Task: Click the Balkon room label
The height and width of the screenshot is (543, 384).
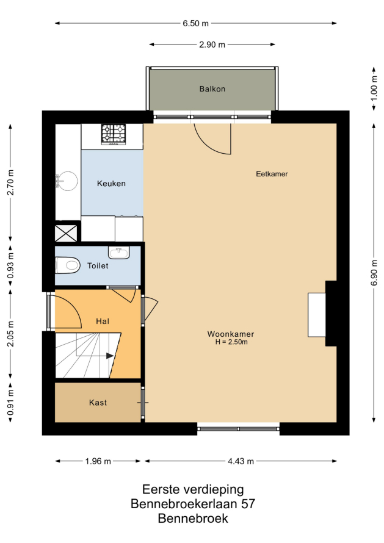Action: pyautogui.click(x=212, y=89)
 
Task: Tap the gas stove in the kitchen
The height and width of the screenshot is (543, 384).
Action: pyautogui.click(x=114, y=134)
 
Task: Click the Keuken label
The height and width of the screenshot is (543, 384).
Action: pyautogui.click(x=111, y=184)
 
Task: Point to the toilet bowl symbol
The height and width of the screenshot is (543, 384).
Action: pyautogui.click(x=68, y=265)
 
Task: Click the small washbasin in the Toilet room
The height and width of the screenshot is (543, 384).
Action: pyautogui.click(x=119, y=253)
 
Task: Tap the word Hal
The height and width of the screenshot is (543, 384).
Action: pyautogui.click(x=103, y=322)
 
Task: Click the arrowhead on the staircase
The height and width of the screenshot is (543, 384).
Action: pyautogui.click(x=110, y=356)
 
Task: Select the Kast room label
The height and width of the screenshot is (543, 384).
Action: pyautogui.click(x=98, y=403)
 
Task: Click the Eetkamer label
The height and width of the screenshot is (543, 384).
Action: pyautogui.click(x=272, y=174)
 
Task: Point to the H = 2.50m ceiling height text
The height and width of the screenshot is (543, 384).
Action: pyautogui.click(x=231, y=342)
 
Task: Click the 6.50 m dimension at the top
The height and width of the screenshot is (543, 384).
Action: pyautogui.click(x=196, y=23)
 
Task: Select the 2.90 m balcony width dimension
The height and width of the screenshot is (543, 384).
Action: pyautogui.click(x=212, y=45)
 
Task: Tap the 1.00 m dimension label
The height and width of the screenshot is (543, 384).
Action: pyautogui.click(x=374, y=88)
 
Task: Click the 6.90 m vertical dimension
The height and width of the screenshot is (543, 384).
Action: pyautogui.click(x=374, y=273)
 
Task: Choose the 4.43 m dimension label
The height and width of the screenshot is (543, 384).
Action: pyautogui.click(x=241, y=461)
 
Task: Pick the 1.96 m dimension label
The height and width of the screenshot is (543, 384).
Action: pyautogui.click(x=98, y=461)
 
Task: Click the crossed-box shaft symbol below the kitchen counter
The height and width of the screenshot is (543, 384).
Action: pyautogui.click(x=66, y=234)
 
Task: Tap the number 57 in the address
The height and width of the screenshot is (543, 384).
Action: pyautogui.click(x=248, y=503)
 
